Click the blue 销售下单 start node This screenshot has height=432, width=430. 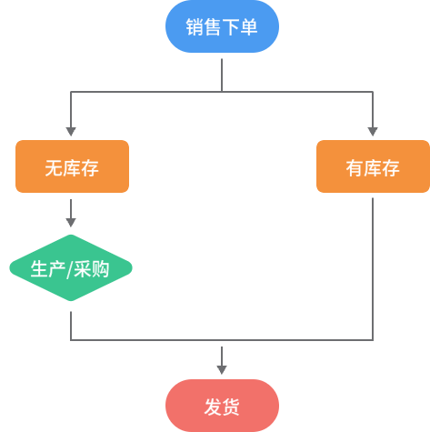(222, 26)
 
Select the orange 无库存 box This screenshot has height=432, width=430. (72, 166)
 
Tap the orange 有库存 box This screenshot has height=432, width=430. (373, 166)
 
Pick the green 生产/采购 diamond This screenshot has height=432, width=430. (71, 267)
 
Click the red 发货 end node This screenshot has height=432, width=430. (222, 406)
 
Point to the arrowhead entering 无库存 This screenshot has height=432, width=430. (71, 132)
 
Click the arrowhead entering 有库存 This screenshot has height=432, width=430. (373, 132)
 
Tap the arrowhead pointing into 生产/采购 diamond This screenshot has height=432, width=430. (71, 223)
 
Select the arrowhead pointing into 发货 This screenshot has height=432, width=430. (222, 370)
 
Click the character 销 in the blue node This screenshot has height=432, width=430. (195, 27)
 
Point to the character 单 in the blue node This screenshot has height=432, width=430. (249, 27)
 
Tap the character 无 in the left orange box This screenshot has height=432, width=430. (54, 168)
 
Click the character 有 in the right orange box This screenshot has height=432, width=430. (355, 168)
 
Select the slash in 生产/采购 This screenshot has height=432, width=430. (70, 269)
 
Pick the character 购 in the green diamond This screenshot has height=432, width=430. (100, 268)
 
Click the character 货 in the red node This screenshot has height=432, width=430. (231, 407)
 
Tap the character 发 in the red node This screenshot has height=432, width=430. (213, 407)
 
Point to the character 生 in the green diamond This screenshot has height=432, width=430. (39, 268)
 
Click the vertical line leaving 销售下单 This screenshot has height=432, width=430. (222, 75)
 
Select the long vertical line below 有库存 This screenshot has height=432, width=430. (373, 269)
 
